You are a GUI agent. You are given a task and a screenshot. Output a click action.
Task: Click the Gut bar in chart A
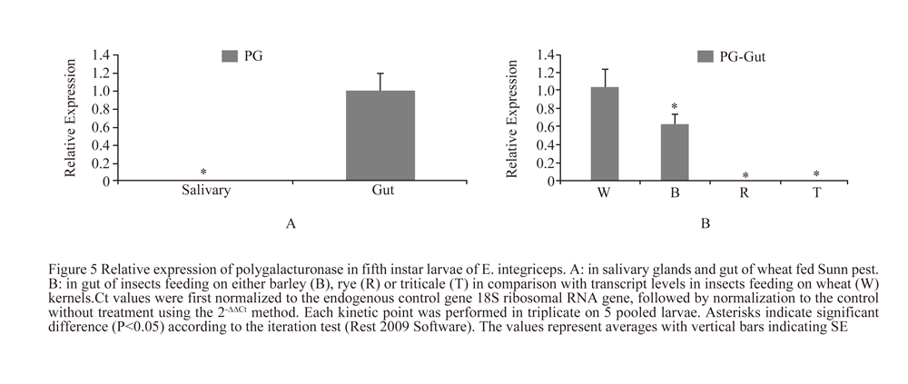click(x=380, y=135)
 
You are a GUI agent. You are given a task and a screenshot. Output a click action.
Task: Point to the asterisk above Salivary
click(x=203, y=172)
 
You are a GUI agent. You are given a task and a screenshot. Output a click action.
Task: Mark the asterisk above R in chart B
click(x=745, y=176)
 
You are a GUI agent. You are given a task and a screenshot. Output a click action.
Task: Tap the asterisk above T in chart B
click(x=816, y=175)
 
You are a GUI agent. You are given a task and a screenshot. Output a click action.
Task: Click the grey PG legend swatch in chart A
click(x=231, y=56)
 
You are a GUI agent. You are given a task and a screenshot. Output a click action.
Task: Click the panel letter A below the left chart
click(x=291, y=223)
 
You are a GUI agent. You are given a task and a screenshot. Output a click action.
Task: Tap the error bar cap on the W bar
click(x=604, y=69)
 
